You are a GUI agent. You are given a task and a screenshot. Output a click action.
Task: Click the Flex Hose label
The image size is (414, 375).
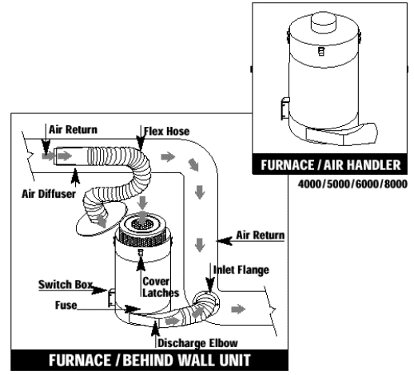click(x=167, y=131)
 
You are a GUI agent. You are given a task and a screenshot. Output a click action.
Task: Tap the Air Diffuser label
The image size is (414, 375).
click(x=49, y=194)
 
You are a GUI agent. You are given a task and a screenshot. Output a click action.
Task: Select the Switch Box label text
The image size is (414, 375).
click(x=66, y=284)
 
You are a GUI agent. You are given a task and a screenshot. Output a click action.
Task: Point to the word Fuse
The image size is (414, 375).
click(x=66, y=305)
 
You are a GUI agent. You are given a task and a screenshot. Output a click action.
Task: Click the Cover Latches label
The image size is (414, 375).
click(x=161, y=287)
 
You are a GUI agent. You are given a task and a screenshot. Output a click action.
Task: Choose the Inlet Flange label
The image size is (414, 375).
click(x=241, y=270)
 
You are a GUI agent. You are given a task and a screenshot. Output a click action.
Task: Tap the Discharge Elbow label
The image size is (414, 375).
click(x=197, y=343)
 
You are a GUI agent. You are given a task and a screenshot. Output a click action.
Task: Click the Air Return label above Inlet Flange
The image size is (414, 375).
click(x=261, y=235)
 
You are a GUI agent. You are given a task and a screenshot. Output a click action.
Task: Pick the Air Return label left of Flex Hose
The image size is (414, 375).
click(x=73, y=129)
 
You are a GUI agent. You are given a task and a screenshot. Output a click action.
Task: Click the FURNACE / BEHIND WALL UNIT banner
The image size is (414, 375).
click(x=149, y=360)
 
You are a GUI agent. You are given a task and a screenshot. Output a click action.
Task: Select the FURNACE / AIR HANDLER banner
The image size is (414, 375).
click(x=330, y=164)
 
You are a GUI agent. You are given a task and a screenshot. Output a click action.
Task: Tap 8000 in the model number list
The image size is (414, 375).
click(x=396, y=184)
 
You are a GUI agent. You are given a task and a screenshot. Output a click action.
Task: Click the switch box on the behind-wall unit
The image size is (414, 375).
click(x=112, y=298)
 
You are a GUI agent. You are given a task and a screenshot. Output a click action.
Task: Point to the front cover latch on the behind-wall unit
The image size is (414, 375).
click(x=141, y=253)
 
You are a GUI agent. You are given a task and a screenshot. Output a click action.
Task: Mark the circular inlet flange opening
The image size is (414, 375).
click(x=205, y=304)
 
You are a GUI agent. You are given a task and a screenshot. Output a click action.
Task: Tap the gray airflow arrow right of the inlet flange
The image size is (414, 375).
click(x=238, y=309)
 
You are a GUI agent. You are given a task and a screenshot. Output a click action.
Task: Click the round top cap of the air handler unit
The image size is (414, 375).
click(x=324, y=22)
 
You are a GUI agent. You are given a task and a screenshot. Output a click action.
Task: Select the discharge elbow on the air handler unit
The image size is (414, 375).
click(x=342, y=134)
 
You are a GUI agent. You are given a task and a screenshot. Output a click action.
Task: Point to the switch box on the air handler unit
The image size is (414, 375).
click(x=285, y=109)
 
